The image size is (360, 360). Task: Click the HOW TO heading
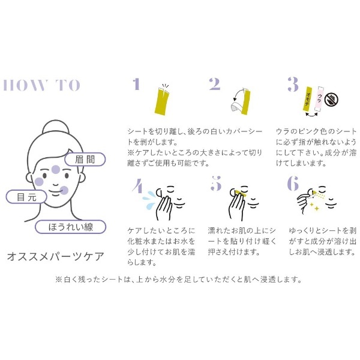41,85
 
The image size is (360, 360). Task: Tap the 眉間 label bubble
85,159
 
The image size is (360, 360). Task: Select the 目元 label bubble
26,197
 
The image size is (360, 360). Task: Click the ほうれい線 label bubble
70,227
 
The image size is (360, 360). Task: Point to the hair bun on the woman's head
55,127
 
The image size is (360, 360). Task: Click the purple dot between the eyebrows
56,170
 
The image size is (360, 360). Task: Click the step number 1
136,83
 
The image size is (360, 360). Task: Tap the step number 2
214,83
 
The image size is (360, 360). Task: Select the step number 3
293,84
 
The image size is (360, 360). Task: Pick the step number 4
138,186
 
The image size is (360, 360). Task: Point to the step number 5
216,183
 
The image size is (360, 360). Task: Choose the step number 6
293,183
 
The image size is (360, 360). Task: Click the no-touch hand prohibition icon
332,100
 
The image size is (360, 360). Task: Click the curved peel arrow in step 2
238,93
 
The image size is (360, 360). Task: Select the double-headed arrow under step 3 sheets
311,115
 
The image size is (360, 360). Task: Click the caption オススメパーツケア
56,256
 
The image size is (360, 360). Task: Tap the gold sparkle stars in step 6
315,206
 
